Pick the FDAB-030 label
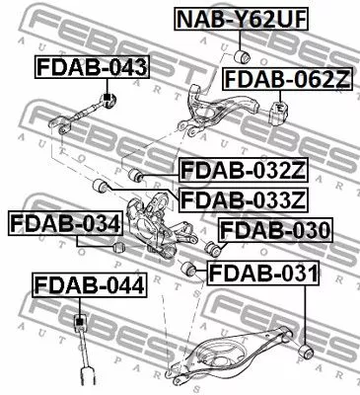[275, 232]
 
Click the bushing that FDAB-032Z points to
[138, 176]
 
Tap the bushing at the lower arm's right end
[307, 349]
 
